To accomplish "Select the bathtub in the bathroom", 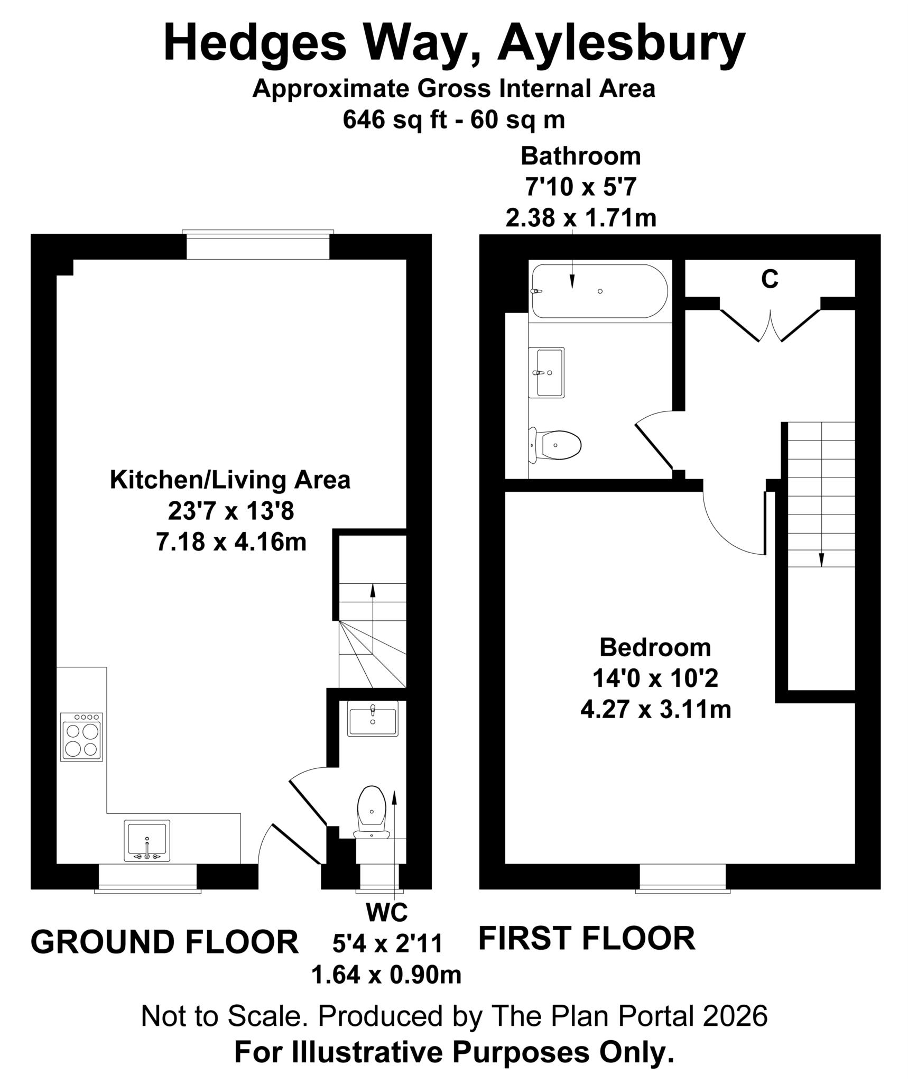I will (x=599, y=291).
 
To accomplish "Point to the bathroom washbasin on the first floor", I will (x=546, y=372).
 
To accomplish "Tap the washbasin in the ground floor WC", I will (x=372, y=719).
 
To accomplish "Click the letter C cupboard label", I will (x=770, y=279).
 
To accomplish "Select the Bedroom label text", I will (x=655, y=647).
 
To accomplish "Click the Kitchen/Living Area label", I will (x=230, y=480).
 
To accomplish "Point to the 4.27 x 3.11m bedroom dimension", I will (x=655, y=710).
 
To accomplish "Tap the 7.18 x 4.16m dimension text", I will (x=231, y=543).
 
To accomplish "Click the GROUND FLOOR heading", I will (x=164, y=942).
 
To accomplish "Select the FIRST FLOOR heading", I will (x=586, y=938).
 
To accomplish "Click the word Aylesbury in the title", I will (x=620, y=43).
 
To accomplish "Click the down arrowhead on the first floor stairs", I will (x=821, y=559).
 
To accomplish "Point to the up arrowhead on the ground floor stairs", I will (x=373, y=589).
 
